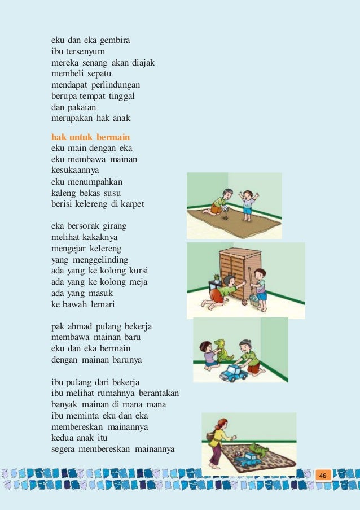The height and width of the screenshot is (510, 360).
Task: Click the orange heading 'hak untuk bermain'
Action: [x=90, y=137]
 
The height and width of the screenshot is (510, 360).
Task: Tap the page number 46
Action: [x=323, y=476]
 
